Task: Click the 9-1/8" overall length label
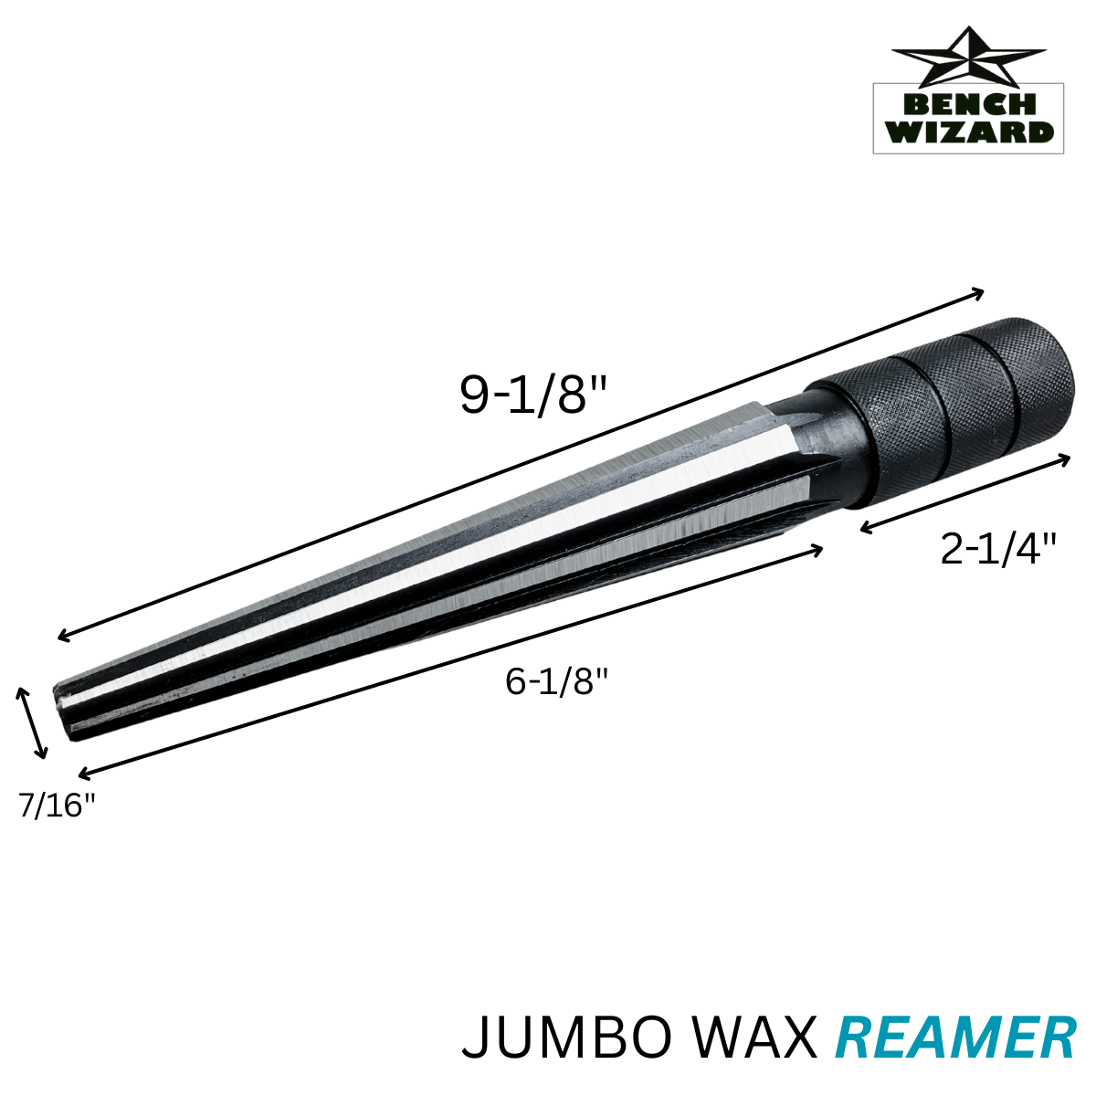click(x=533, y=395)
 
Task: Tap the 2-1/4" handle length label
click(x=998, y=550)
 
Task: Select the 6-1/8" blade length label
click(x=556, y=681)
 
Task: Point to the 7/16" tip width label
click(x=57, y=806)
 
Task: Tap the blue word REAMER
click(x=956, y=1038)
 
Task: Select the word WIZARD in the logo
click(x=968, y=132)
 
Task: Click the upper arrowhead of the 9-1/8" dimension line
click(x=979, y=293)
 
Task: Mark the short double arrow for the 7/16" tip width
click(x=31, y=722)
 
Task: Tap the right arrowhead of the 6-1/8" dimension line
click(x=818, y=549)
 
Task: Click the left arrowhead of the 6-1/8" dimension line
click(x=83, y=775)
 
